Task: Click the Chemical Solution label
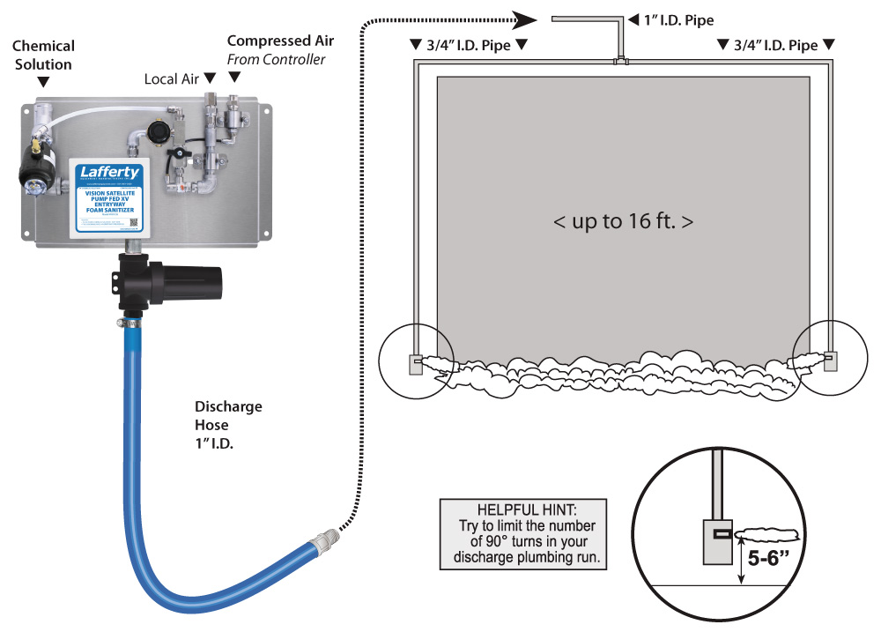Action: coord(43,55)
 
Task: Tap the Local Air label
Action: coord(172,79)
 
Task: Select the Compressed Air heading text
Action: coord(280,41)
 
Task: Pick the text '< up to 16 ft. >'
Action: coord(623,221)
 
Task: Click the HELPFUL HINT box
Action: coord(523,532)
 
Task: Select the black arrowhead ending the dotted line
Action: coord(526,18)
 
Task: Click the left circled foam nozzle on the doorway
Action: coord(417,361)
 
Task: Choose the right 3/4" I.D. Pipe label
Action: coord(775,45)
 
